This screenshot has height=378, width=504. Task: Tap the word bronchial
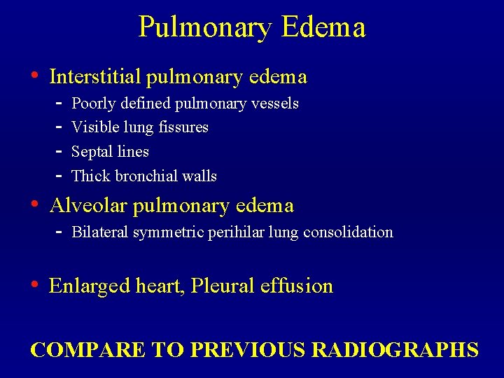click(147, 176)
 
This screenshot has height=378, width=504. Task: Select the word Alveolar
click(88, 206)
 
